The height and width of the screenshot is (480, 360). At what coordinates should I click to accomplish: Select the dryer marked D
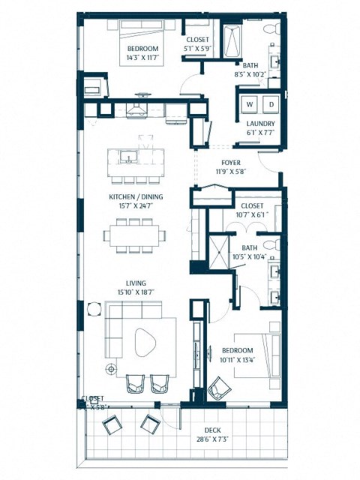pos(271,103)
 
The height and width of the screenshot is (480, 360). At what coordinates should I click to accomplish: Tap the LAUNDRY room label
pos(260,124)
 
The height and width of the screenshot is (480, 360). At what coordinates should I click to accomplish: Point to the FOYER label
pos(230,162)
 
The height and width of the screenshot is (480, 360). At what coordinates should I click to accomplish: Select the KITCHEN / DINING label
pos(136,197)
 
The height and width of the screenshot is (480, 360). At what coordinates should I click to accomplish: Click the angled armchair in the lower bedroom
pos(218,388)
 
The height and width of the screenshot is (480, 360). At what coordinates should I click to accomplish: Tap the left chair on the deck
pos(112,425)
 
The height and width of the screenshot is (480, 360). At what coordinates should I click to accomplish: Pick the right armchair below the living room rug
pos(160,384)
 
